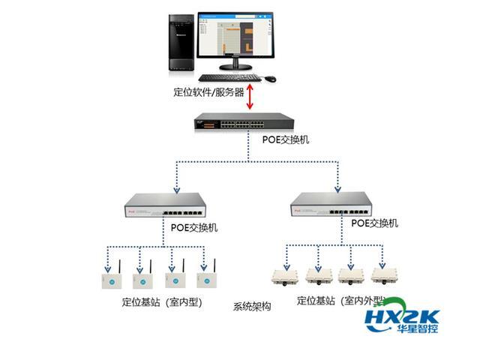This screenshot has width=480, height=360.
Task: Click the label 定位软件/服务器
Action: (x=208, y=93)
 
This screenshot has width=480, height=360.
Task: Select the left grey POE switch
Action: (x=162, y=206)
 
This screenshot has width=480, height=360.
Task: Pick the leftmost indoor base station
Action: (x=105, y=278)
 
